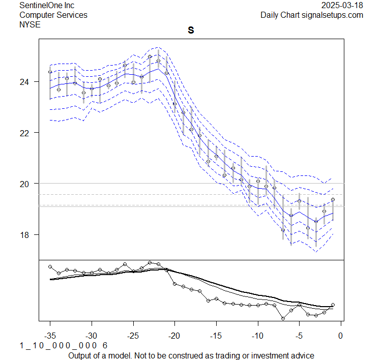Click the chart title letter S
coord(191,31)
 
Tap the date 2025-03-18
coord(342,5)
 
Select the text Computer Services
coord(53,15)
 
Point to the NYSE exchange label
coord(30,24)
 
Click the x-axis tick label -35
coord(50,336)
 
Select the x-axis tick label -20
coord(174,336)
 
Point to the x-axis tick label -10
coord(257,336)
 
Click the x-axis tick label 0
coord(341,336)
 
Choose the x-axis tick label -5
coord(299,336)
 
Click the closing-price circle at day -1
coord(333,199)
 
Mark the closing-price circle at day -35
coord(50,72)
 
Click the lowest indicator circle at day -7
coord(283,318)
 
